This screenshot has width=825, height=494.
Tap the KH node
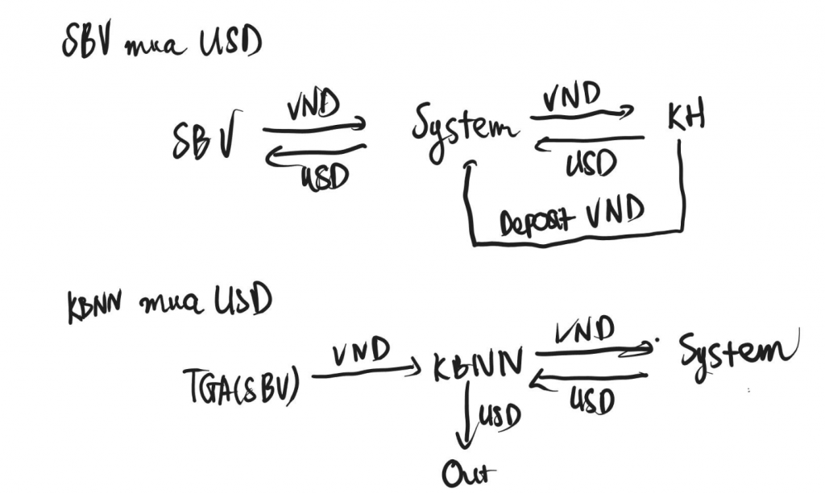686,118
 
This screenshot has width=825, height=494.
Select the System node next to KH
464,131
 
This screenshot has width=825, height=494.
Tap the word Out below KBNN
469,474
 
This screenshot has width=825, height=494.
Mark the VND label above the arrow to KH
572,96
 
